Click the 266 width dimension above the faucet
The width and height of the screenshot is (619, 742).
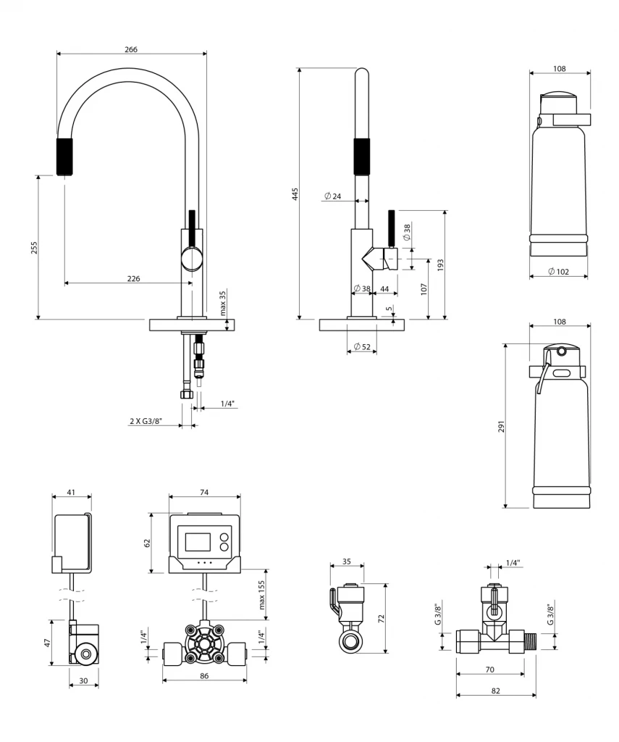[130, 49]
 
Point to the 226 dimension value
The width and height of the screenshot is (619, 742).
[133, 278]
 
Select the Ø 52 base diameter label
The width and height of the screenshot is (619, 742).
[362, 347]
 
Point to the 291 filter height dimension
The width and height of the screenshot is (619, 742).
[500, 425]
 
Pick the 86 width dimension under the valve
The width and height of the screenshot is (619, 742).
[204, 675]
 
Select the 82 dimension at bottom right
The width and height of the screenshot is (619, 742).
[495, 691]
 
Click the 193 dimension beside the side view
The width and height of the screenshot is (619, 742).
[440, 264]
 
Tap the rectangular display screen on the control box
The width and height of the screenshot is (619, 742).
[198, 542]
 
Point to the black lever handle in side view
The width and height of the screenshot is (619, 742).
[391, 228]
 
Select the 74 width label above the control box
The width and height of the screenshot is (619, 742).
[204, 492]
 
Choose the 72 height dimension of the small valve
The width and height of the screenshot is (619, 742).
[382, 618]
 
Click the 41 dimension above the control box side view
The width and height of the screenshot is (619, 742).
[71, 492]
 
